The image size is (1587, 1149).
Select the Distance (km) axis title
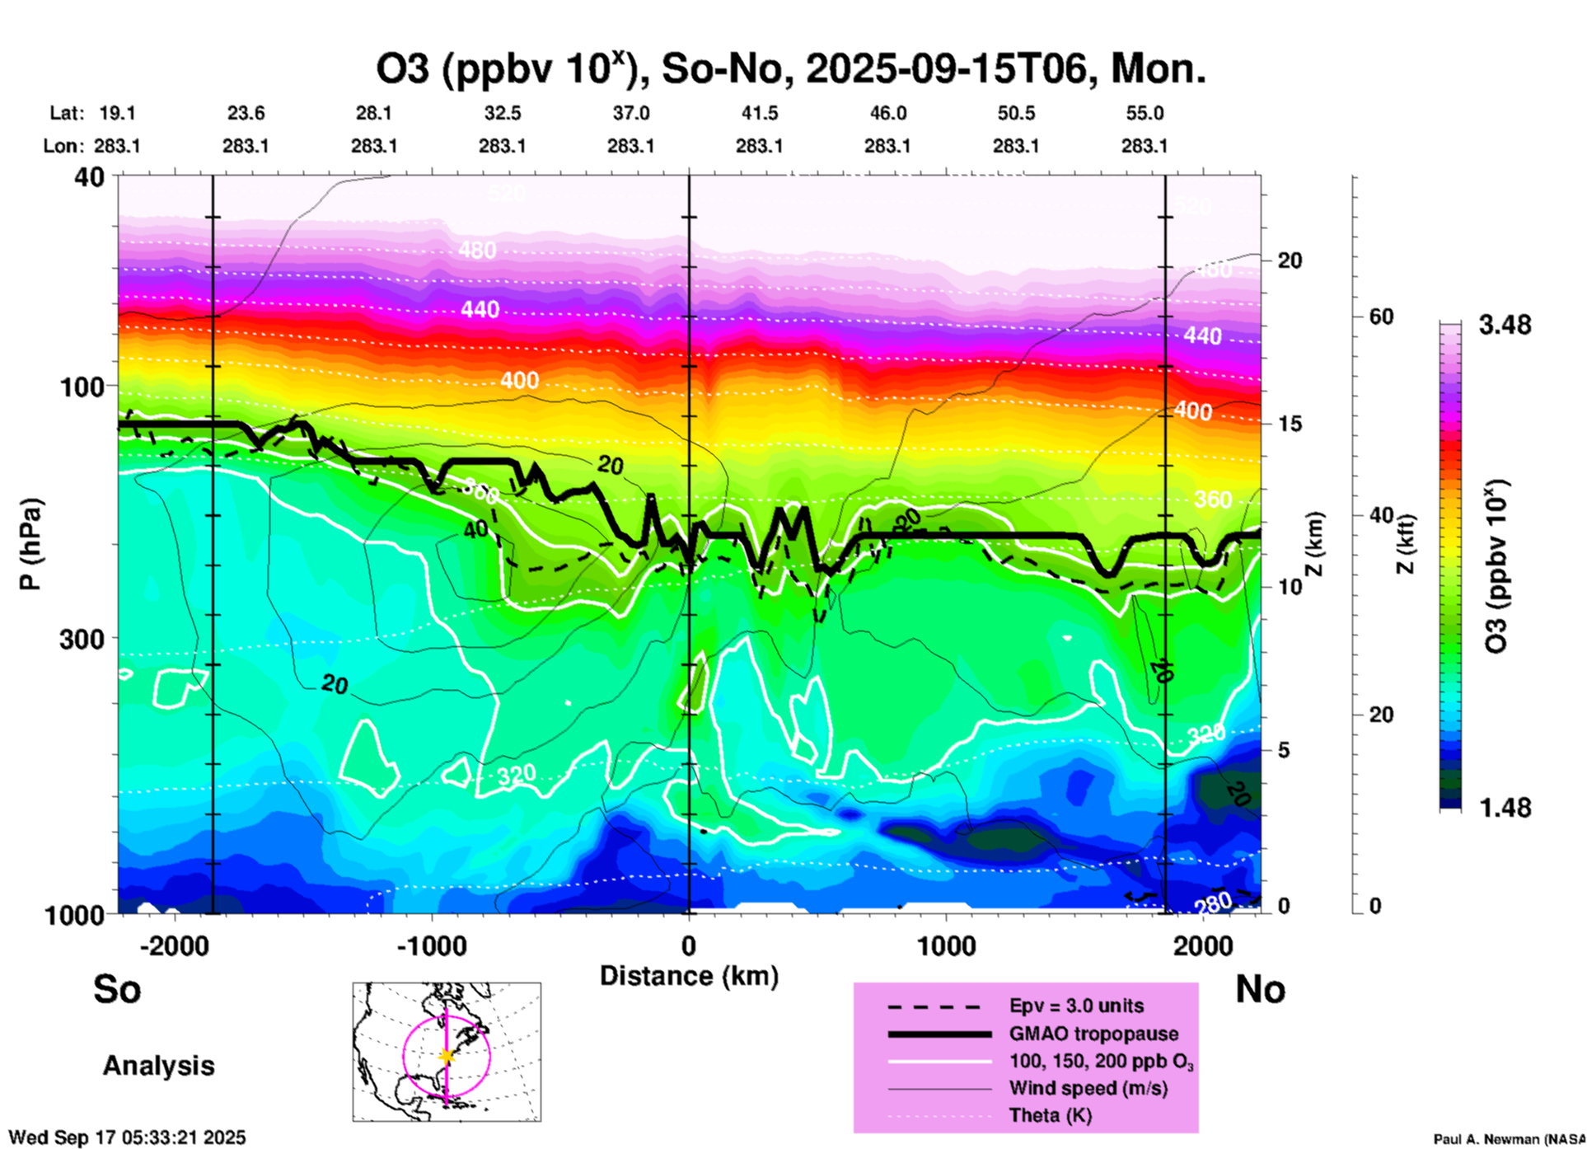coord(689,976)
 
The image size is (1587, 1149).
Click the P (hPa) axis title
coord(30,544)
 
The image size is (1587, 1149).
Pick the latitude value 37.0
coord(631,113)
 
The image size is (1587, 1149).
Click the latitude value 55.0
coord(1145,113)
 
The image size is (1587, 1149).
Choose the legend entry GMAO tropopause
coord(1093,1034)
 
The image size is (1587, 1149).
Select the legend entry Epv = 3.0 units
coord(1076,1006)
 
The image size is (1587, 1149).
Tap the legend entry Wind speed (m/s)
coord(1088,1088)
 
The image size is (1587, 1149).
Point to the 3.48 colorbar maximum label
coord(1505,326)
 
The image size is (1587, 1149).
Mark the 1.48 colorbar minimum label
coord(1505,808)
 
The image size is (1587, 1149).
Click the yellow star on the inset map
coord(447,1056)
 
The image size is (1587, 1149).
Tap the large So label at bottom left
coord(117,989)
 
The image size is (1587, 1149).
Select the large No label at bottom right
coord(1260,989)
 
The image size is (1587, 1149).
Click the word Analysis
coord(158,1066)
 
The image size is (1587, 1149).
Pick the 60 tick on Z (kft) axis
coord(1381,317)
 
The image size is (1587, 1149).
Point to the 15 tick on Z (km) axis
coord(1290,424)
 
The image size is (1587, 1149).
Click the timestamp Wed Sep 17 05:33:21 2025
coord(127,1137)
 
